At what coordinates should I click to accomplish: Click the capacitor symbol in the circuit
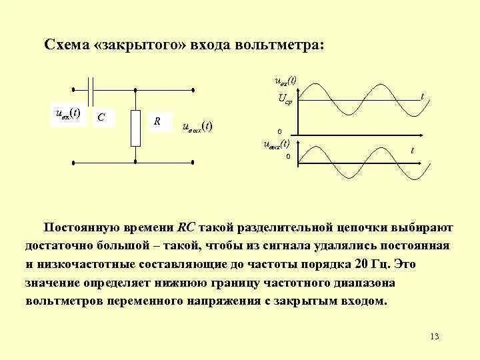point(93,89)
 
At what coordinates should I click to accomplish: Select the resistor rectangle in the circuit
point(136,127)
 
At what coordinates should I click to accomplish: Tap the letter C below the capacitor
point(100,117)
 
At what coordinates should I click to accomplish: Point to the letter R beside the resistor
point(157,121)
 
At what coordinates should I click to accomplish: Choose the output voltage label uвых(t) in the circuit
point(197,126)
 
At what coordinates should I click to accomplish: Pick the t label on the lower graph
point(412,151)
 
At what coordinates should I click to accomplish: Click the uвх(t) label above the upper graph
point(286,81)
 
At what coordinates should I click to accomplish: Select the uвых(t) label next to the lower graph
point(276,143)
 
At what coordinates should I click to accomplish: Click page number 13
point(435,335)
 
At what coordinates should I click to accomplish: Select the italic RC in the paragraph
point(185,227)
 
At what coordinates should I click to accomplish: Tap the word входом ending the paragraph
point(363,301)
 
